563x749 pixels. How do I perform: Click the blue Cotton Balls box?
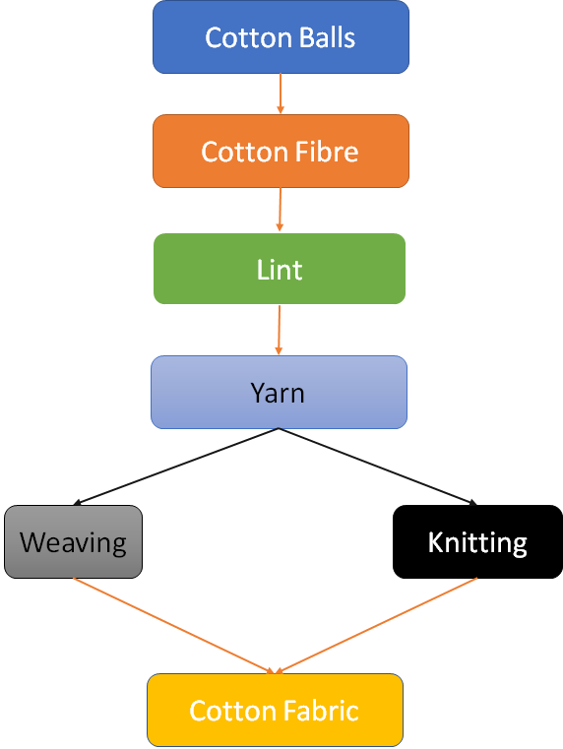pyautogui.click(x=281, y=36)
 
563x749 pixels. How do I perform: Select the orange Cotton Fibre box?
pyautogui.click(x=281, y=151)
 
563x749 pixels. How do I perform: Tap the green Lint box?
pyautogui.click(x=280, y=269)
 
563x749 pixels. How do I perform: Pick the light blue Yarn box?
pyautogui.click(x=279, y=392)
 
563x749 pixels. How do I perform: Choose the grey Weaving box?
pyautogui.click(x=74, y=541)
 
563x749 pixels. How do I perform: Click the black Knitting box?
pyautogui.click(x=477, y=541)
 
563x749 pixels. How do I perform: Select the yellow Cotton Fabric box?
pyautogui.click(x=275, y=711)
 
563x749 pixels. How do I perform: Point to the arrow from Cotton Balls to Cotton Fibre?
pyautogui.click(x=281, y=94)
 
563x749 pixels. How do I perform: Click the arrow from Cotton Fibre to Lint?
pyautogui.click(x=281, y=210)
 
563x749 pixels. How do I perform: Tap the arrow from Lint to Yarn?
pyautogui.click(x=279, y=330)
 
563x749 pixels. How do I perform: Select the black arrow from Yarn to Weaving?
pyautogui.click(x=176, y=467)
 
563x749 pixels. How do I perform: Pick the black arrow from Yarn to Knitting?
pyautogui.click(x=378, y=467)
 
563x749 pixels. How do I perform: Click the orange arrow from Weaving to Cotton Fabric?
pyautogui.click(x=175, y=626)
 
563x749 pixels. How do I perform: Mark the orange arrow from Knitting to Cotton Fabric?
pyautogui.click(x=376, y=626)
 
